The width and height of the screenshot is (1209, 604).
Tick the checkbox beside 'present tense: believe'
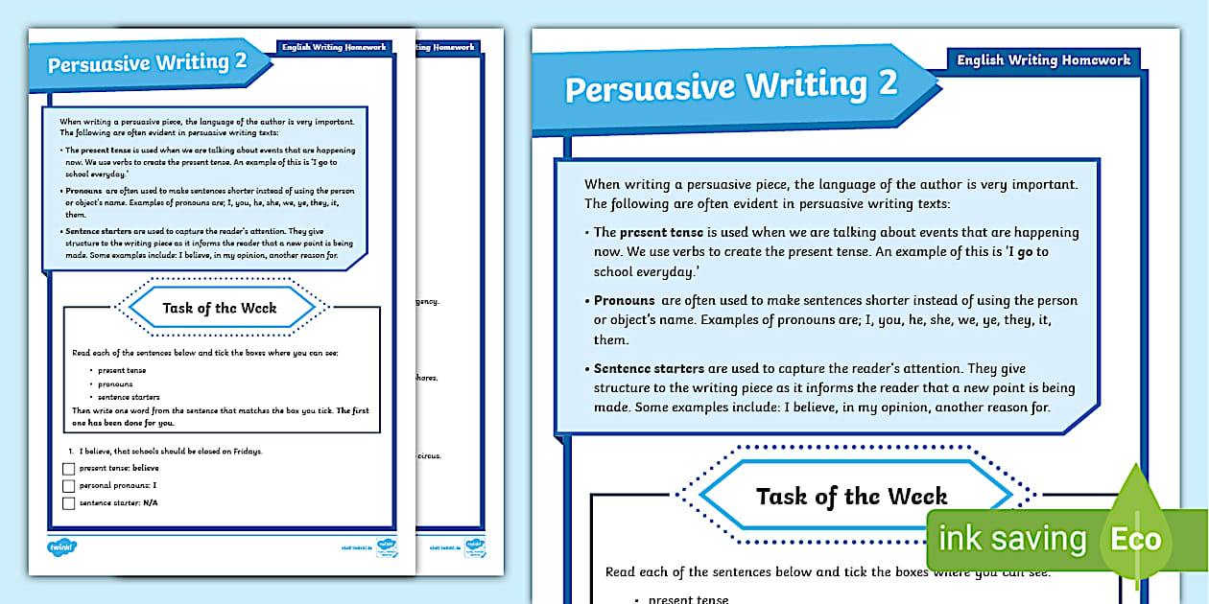tap(68, 469)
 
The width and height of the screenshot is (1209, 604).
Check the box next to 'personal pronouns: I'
tap(68, 486)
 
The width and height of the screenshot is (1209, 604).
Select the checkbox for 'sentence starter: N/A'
tap(68, 502)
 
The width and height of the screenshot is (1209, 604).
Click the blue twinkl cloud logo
tap(61, 547)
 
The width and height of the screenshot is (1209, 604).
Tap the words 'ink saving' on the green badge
tap(1012, 539)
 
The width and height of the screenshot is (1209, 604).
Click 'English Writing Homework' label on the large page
tap(1044, 59)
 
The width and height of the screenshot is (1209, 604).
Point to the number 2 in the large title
tap(887, 83)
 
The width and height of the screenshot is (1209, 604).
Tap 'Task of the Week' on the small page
tap(220, 308)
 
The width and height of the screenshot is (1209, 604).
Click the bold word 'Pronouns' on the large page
tap(624, 300)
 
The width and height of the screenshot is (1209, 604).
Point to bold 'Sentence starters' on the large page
tap(649, 368)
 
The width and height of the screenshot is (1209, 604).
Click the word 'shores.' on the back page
tap(426, 378)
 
